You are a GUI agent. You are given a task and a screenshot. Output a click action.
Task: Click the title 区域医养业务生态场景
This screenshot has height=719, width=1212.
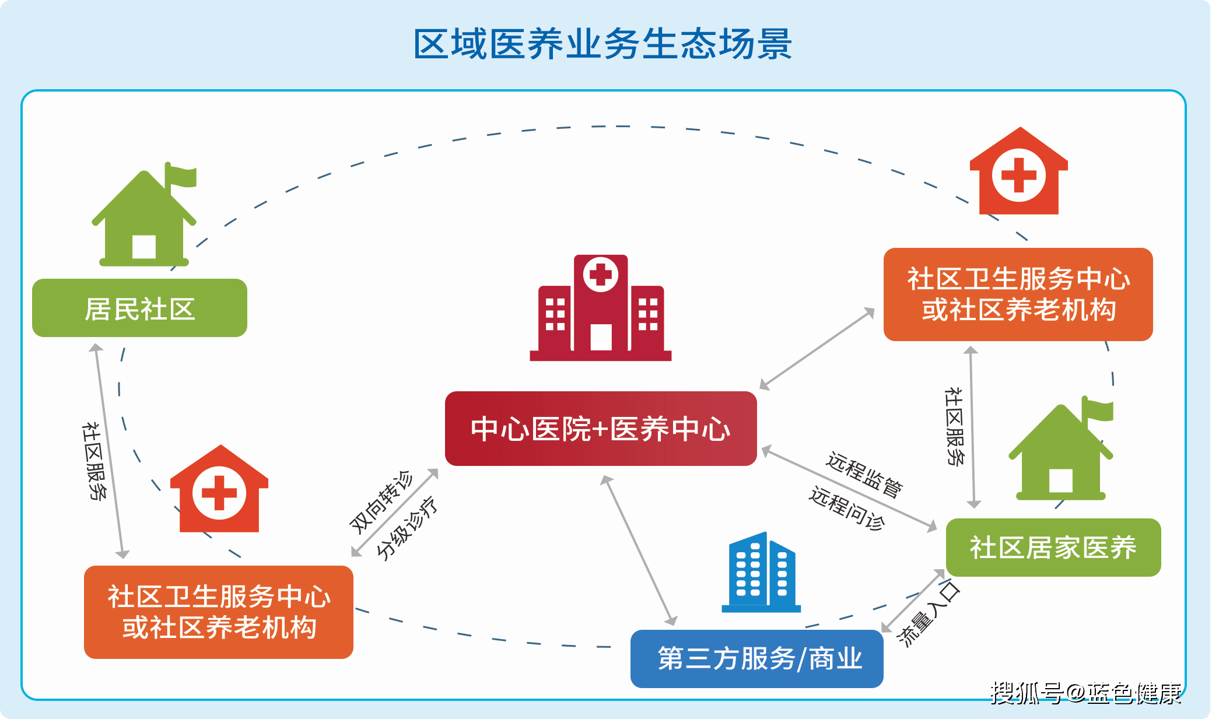pos(603,44)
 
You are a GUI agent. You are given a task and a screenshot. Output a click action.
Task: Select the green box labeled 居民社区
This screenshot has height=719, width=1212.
pos(139,308)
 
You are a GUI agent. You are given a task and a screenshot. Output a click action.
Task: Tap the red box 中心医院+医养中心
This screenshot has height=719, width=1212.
pos(601,429)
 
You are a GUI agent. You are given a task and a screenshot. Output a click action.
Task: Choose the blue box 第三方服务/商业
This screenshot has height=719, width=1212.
pos(757,658)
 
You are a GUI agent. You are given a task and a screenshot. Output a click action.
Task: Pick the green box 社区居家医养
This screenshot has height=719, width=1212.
pos(1053,548)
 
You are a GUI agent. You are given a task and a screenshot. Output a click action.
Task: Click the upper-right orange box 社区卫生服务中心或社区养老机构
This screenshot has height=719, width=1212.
pos(1018,294)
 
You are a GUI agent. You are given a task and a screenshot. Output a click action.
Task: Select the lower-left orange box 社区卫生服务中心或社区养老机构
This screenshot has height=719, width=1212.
pos(219,612)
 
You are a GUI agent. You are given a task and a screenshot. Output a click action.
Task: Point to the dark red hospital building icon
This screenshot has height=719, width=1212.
pos(601,308)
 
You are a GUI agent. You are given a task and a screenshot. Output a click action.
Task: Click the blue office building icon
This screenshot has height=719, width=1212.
pos(761,572)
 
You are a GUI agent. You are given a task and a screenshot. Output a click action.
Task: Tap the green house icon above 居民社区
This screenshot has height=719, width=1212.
pos(145,215)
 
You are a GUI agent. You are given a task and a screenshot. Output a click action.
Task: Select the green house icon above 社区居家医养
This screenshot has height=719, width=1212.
pos(1062,448)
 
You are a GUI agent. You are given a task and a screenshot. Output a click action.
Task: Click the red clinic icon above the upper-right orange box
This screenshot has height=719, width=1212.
pos(1019,171)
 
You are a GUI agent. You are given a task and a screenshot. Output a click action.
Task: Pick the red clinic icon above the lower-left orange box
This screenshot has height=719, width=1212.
pos(219,489)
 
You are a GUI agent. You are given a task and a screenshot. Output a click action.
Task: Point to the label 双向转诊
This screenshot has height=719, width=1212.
pos(381,502)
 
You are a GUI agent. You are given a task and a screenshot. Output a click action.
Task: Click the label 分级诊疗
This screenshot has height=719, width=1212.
pos(407,528)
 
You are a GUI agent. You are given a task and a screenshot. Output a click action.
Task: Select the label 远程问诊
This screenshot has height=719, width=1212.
pos(847,508)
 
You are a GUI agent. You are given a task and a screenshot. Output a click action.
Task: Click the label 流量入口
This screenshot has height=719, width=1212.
pos(929,613)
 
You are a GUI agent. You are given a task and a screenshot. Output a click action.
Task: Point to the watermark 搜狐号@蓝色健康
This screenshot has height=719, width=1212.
pos(1086,693)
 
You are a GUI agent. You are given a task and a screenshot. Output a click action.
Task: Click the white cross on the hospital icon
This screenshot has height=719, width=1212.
pos(601,273)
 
